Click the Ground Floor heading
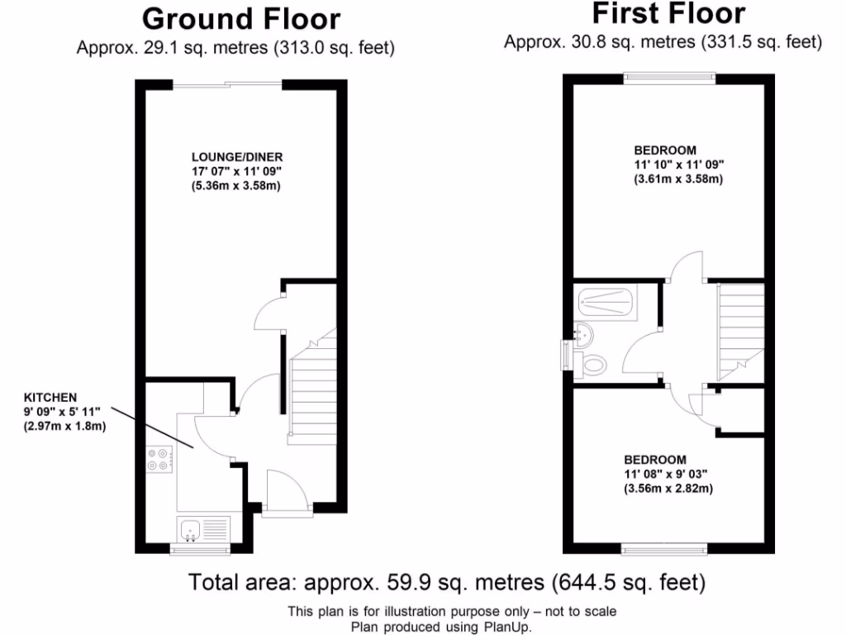tap(240, 18)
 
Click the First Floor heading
tap(668, 13)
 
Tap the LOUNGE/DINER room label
tap(237, 157)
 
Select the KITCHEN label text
tap(50, 398)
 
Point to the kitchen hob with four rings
tap(158, 459)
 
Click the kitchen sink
tap(189, 527)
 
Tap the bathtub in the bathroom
tap(608, 303)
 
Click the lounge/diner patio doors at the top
tap(227, 83)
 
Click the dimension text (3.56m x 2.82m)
tap(668, 489)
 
